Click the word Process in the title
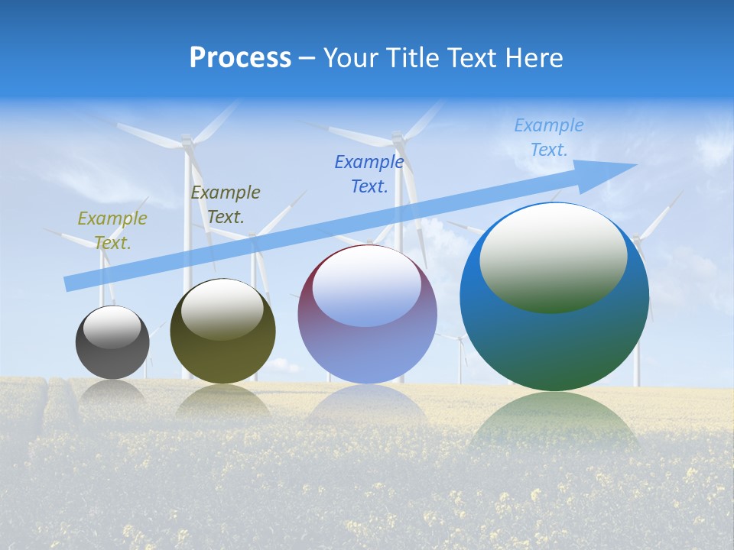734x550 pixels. [240, 58]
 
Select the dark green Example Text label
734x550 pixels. [226, 204]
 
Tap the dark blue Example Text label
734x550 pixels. [369, 173]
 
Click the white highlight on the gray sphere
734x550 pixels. [112, 327]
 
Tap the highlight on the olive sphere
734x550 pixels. [222, 309]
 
